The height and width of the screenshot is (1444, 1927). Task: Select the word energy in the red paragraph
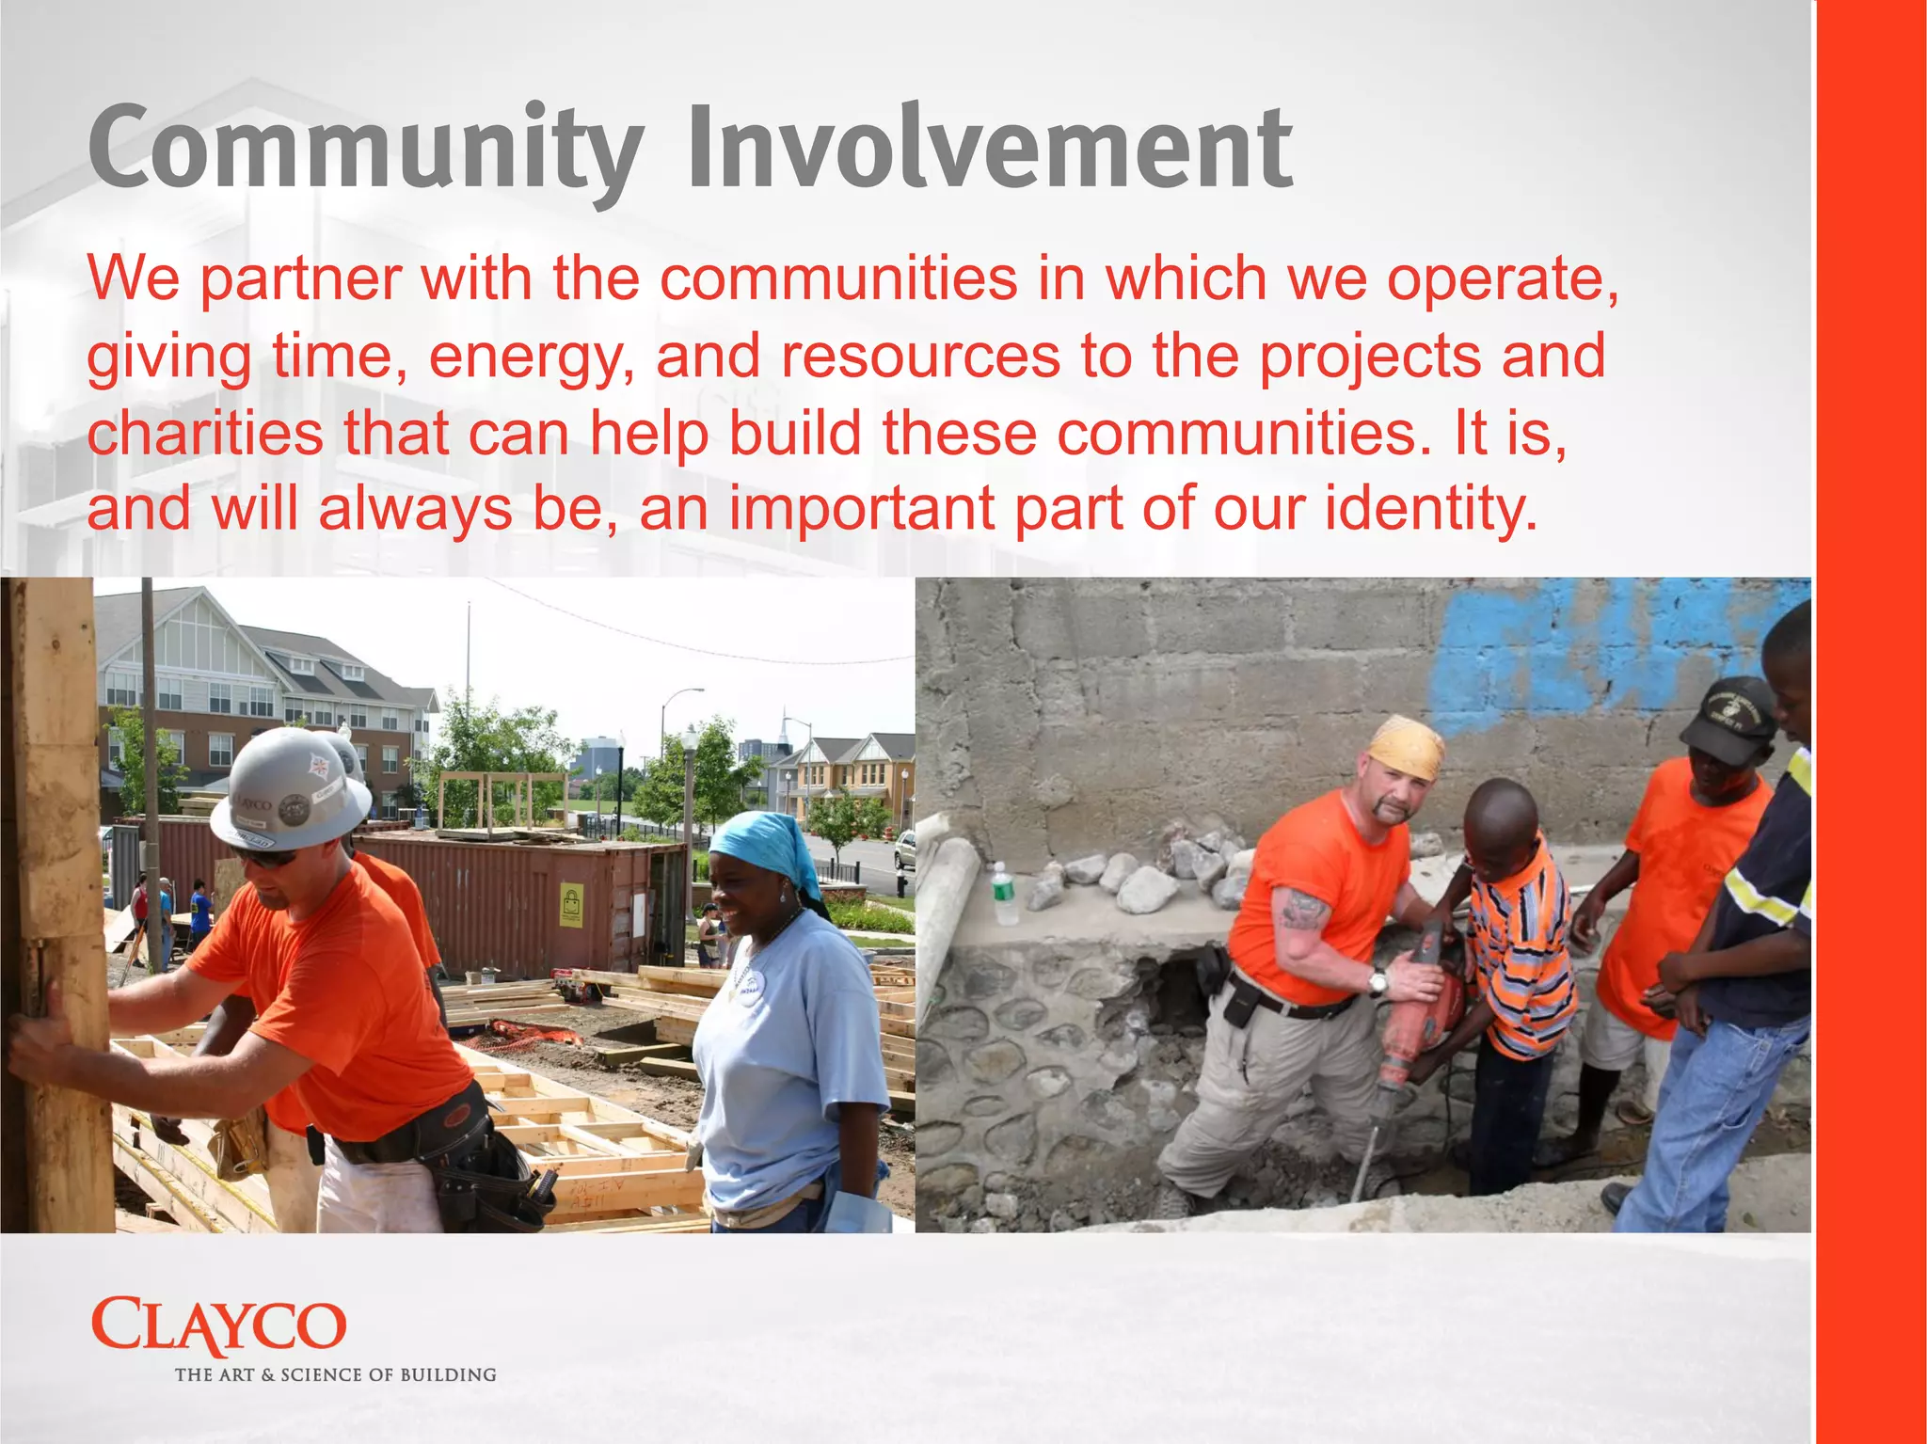[x=531, y=357]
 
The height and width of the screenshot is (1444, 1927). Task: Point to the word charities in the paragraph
[x=205, y=434]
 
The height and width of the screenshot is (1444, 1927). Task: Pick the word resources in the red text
[x=920, y=357]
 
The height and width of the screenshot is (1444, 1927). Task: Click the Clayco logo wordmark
[x=218, y=1325]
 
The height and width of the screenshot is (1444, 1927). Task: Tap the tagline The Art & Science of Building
[x=335, y=1374]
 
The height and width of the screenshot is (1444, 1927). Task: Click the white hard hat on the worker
[x=287, y=788]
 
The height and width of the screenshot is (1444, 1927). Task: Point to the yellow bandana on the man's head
[x=1406, y=748]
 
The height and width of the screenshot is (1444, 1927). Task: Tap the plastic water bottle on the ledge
[x=1004, y=894]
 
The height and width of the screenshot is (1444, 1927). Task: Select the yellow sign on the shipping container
[x=571, y=905]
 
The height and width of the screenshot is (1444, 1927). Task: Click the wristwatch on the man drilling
[x=1378, y=984]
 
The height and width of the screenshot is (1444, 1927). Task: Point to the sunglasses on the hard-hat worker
[x=266, y=857]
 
